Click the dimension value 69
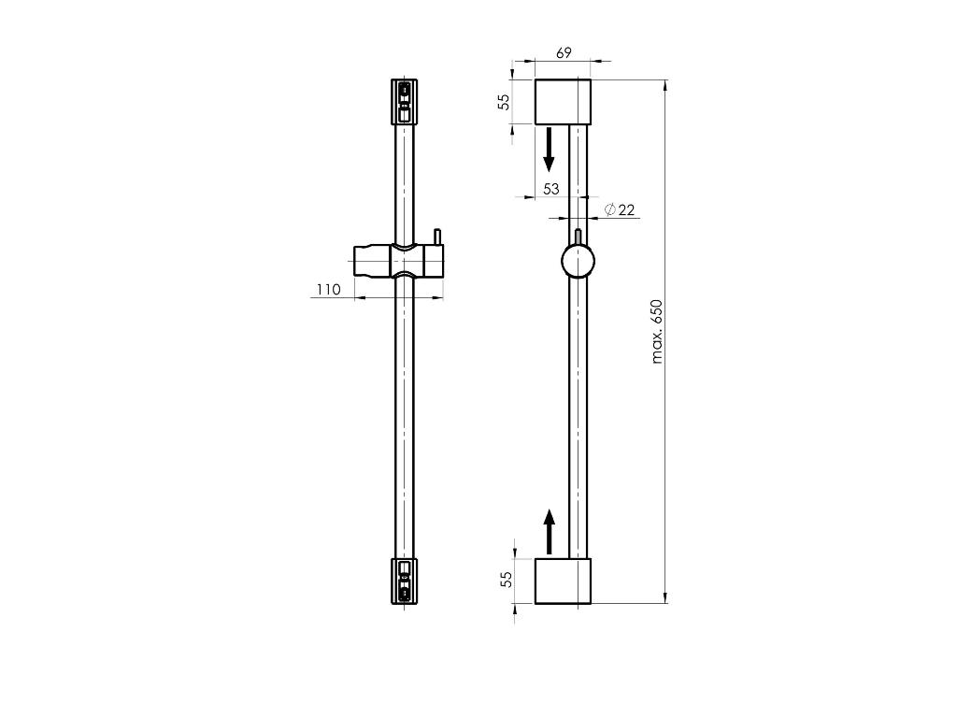(564, 52)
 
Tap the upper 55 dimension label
(504, 101)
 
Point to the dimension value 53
(551, 189)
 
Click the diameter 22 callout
(621, 210)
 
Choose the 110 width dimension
(328, 289)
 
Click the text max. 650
(657, 332)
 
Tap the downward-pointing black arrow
(549, 149)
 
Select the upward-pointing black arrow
(550, 532)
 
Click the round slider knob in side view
(578, 261)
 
